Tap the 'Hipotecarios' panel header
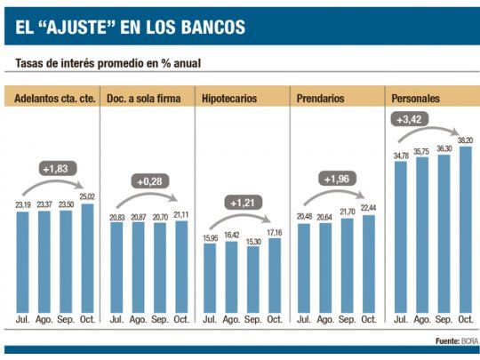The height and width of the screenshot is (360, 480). coord(231,97)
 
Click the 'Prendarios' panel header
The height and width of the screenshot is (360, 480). coord(323,97)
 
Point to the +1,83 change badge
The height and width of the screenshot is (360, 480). coord(55,168)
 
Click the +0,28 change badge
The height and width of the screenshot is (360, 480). coord(148,182)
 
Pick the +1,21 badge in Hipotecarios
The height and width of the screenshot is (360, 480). coord(242,203)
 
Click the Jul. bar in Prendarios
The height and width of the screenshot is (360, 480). coord(304,268)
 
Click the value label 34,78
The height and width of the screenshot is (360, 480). coord(400,156)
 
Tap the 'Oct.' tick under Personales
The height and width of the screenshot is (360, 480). coord(465,318)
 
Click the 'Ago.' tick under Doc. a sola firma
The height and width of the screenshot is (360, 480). coord(138,318)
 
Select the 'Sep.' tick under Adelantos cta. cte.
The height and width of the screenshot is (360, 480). coord(66,318)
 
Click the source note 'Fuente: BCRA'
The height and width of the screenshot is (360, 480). coord(457,340)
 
